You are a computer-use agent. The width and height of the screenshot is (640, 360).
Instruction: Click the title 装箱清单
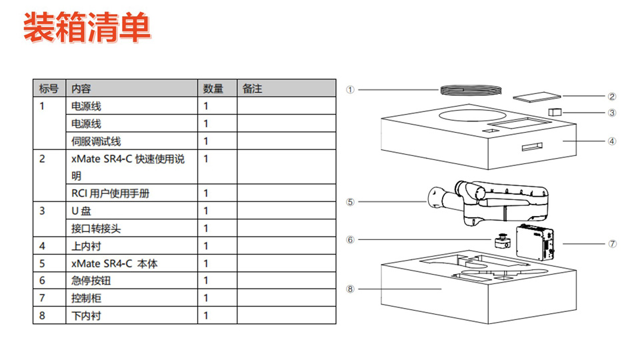[87, 28]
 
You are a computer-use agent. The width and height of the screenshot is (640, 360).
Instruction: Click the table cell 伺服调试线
[96, 141]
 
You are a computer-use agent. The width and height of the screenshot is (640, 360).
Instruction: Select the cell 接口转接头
[96, 229]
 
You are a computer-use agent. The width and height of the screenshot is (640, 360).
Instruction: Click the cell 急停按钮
[87, 281]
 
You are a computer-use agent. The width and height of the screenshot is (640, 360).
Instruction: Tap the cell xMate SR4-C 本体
[114, 263]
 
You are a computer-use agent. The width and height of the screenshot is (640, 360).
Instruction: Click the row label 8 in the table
[42, 315]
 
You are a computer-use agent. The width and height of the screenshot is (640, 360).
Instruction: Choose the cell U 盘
[81, 211]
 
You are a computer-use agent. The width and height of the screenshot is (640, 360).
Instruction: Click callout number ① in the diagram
[349, 89]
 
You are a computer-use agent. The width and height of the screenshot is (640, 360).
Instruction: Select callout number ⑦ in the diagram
[612, 243]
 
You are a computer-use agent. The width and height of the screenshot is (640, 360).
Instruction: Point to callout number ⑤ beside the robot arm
[349, 201]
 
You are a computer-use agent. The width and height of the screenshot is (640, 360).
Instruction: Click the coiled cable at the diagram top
[470, 91]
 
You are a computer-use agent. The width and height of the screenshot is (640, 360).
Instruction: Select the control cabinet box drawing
[537, 242]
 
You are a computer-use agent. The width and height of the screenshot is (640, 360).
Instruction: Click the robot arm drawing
[493, 200]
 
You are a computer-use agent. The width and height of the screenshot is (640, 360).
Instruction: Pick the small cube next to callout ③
[555, 111]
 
